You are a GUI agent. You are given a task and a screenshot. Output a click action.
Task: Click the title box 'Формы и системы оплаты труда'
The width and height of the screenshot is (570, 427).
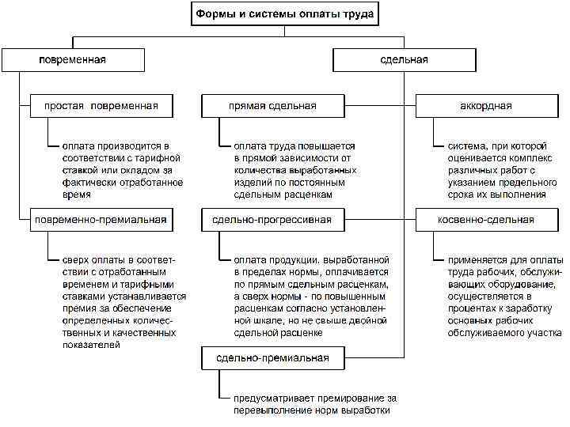[287, 13]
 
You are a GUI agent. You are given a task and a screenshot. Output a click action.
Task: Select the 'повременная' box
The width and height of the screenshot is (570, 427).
[73, 60]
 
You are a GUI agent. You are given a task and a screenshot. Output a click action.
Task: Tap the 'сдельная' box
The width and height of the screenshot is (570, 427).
[404, 60]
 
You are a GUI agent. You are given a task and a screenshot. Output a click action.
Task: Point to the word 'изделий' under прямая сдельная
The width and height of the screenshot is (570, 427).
[252, 182]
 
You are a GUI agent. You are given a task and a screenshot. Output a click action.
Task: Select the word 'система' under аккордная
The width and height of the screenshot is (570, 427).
[468, 146]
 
